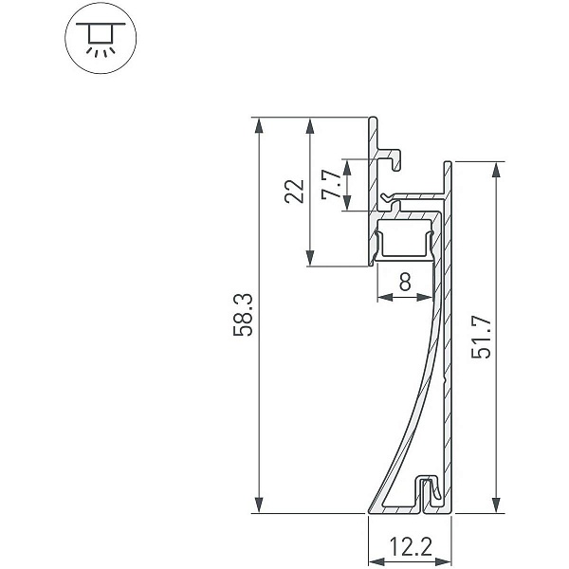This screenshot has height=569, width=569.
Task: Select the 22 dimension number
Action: pos(294,191)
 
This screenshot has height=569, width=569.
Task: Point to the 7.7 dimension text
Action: pos(331,184)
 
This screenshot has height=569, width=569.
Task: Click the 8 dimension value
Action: pos(405,282)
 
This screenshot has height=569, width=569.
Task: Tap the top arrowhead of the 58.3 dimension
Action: pos(258,125)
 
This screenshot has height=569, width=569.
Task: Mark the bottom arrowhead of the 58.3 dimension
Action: pos(258,505)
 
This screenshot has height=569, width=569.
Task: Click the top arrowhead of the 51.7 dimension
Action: pos(497,170)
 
